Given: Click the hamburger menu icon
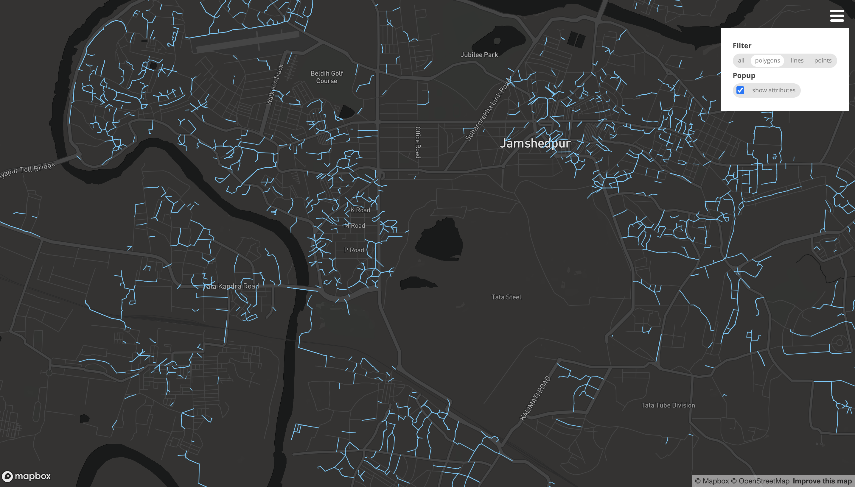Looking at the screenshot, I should [837, 16].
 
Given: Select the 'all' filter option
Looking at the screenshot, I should [741, 60].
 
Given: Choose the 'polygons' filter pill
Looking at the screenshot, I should [767, 60].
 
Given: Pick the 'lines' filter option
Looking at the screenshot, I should [797, 60].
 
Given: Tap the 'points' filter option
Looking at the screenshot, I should [823, 60].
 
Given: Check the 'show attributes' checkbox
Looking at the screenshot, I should [740, 90].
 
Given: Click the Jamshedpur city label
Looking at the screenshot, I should [535, 143].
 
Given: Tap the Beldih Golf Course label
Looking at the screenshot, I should [327, 77].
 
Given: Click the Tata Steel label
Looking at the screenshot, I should [506, 297].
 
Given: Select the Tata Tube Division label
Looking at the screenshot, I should [668, 405].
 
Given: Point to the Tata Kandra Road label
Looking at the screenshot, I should [231, 286].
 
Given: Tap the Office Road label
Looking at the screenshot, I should [418, 142].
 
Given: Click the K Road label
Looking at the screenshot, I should [360, 210].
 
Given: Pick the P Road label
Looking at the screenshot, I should [354, 250].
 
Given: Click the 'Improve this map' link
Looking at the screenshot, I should [822, 481].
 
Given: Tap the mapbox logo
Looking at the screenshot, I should [27, 476].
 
